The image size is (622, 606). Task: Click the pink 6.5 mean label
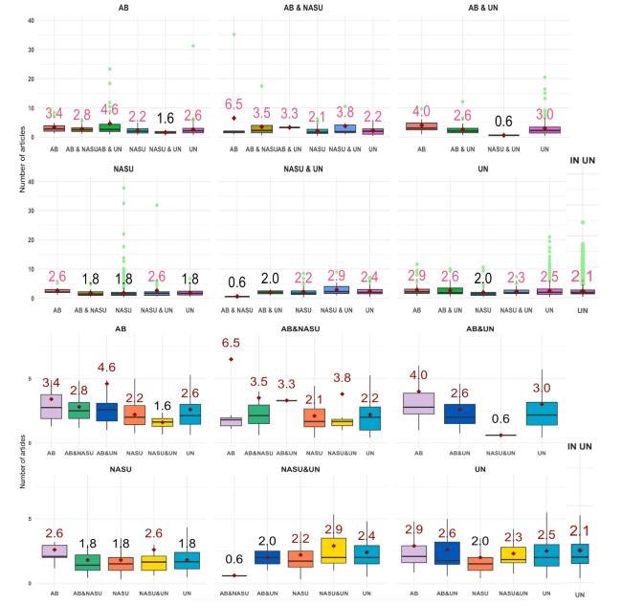(x=233, y=103)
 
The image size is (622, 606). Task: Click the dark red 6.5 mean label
(x=233, y=343)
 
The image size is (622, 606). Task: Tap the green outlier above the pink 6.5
(x=233, y=34)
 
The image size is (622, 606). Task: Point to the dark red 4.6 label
(x=107, y=367)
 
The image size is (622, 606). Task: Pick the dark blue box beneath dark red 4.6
(x=107, y=411)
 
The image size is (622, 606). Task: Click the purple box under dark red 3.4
(x=52, y=406)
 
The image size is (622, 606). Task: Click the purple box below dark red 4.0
(x=418, y=402)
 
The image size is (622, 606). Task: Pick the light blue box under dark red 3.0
(x=543, y=414)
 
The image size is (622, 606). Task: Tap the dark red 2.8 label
(x=79, y=390)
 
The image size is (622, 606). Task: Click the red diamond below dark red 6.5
(x=233, y=359)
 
